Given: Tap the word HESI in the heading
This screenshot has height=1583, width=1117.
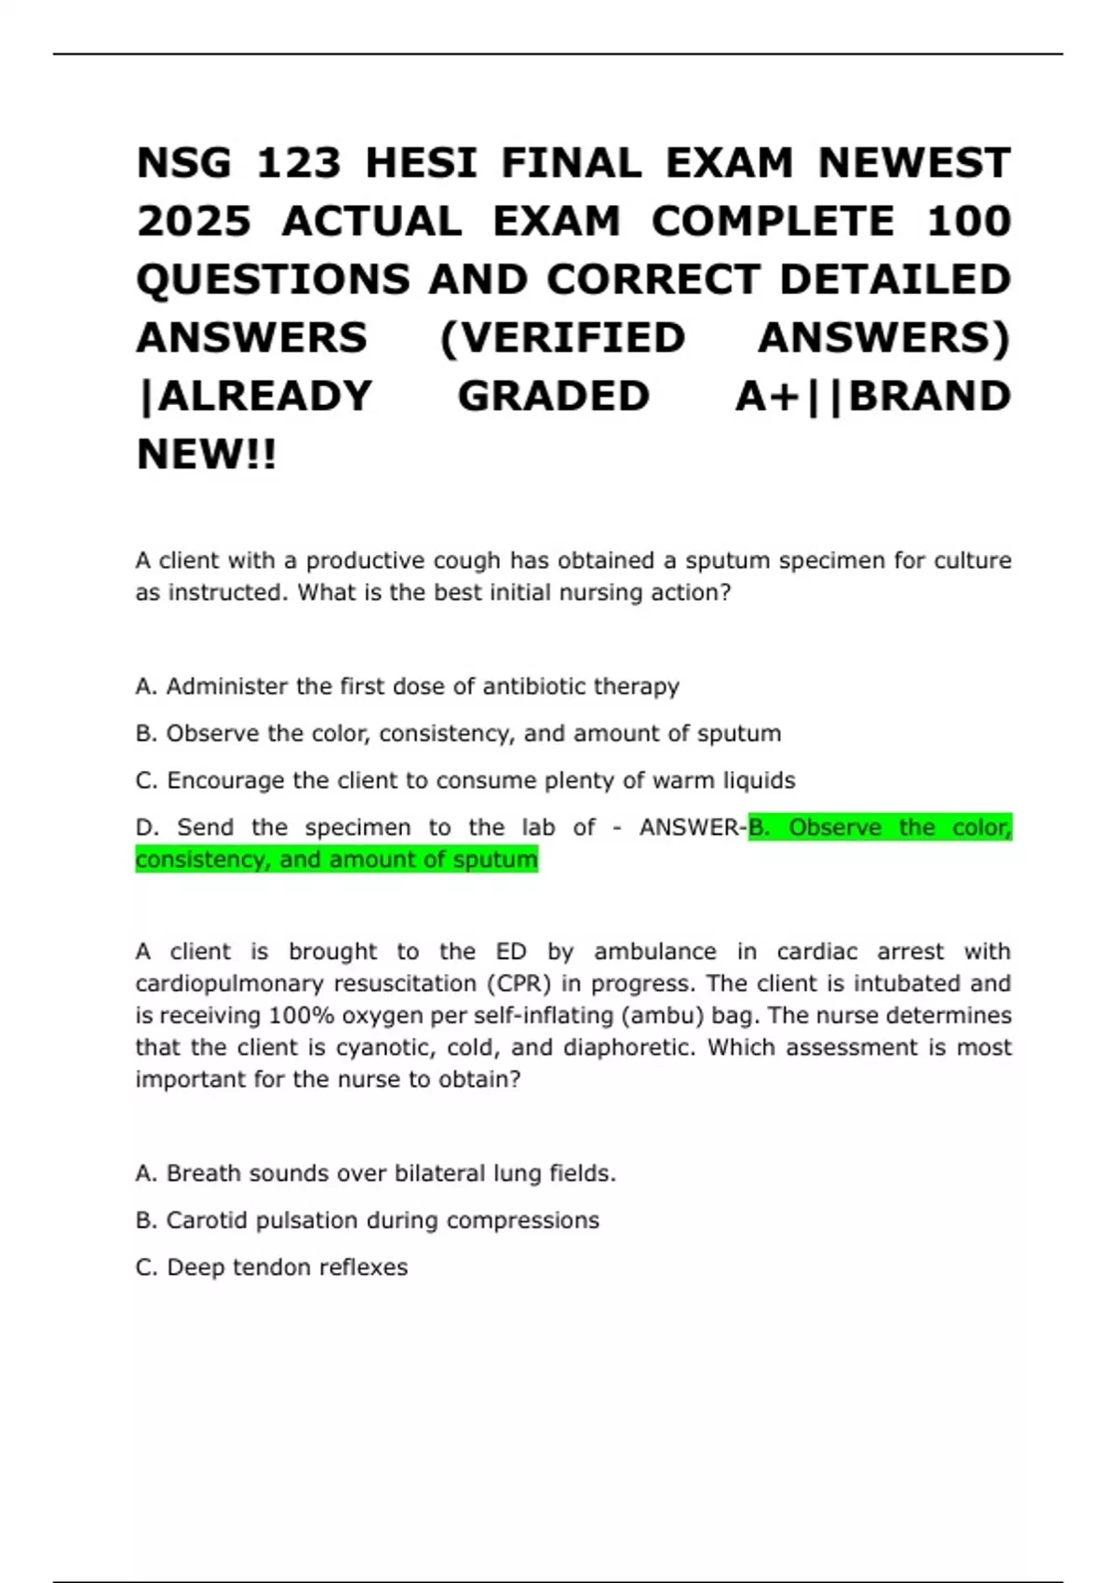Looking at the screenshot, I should coord(421,164).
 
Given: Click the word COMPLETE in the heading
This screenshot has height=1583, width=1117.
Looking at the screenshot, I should coord(773,222).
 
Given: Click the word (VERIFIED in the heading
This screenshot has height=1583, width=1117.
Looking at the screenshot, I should coord(562,337).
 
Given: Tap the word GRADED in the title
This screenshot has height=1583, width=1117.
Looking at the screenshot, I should coord(553,396).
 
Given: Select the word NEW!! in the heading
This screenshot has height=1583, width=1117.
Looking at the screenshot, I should coord(207,454).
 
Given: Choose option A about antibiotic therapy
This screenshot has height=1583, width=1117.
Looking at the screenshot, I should coord(407,686).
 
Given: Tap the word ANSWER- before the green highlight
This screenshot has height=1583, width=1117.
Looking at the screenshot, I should coord(693,827).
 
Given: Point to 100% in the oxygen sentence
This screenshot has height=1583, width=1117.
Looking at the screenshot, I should coord(301,1015).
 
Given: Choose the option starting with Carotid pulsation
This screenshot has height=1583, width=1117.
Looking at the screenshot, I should coord(367,1220).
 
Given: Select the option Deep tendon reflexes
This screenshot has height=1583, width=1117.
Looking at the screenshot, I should coord(271,1267).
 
